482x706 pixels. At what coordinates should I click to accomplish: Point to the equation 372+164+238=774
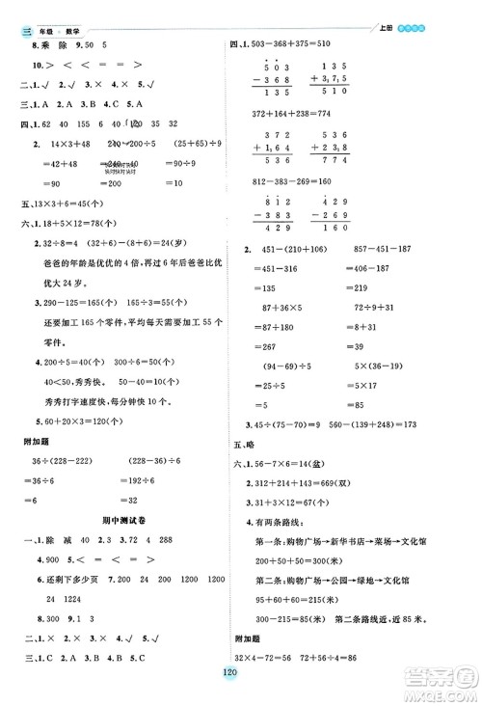289,113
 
